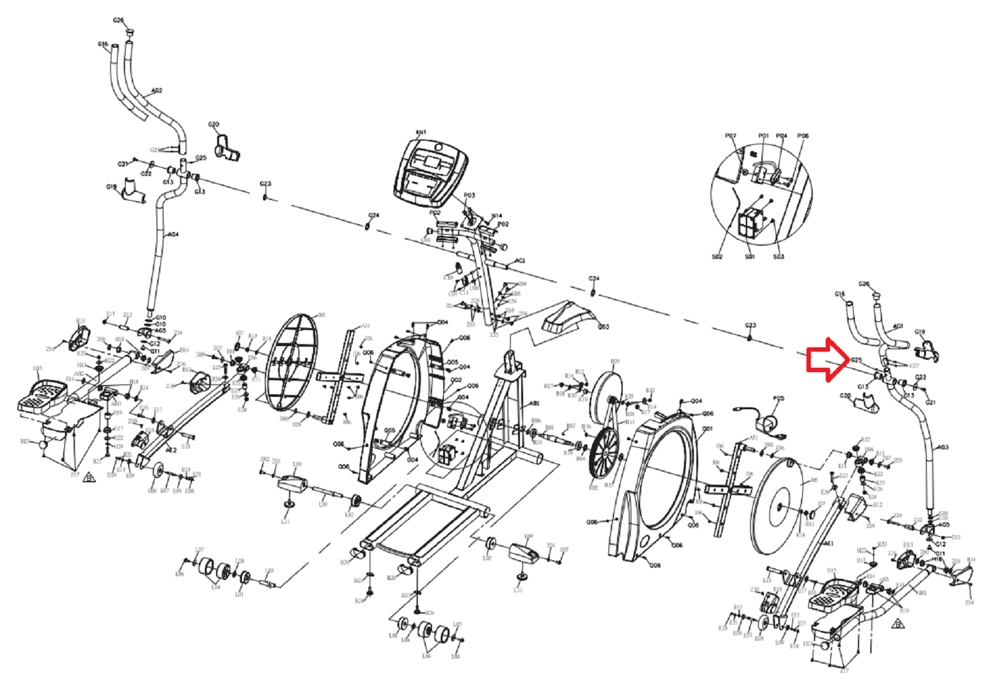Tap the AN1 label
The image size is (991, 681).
(421, 132)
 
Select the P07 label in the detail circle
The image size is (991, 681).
(730, 136)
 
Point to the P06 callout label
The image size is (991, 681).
(803, 136)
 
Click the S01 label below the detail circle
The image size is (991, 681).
(750, 256)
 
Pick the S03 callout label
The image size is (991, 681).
(779, 256)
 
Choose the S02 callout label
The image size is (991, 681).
(717, 256)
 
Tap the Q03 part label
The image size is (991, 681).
(603, 327)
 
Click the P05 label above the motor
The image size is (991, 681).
(779, 399)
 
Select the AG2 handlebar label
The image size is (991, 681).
(157, 91)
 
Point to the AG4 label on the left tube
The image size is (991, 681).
(173, 235)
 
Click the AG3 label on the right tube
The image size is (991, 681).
(942, 447)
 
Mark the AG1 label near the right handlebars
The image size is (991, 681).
(898, 326)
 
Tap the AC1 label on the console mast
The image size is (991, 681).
(520, 261)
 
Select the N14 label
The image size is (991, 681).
(496, 216)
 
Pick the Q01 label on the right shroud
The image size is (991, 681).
(708, 428)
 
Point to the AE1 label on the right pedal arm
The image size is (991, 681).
(829, 544)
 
